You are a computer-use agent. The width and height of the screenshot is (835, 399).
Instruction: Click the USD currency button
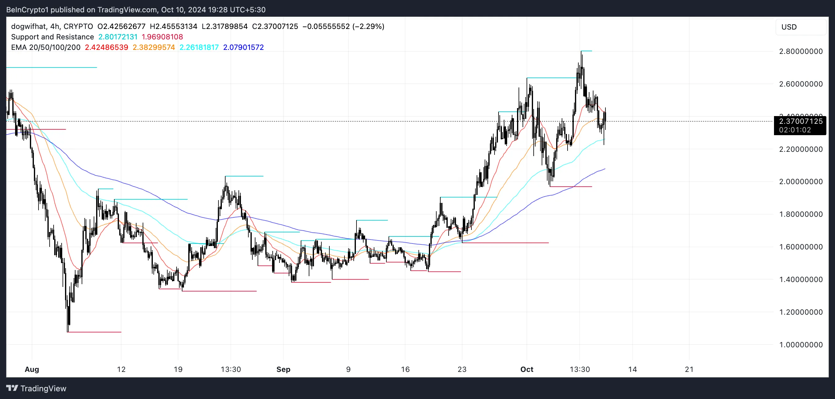[x=789, y=27]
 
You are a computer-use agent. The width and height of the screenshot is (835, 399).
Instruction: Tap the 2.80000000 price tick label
[x=800, y=51]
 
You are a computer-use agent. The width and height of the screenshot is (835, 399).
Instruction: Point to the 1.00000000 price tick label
[x=800, y=345]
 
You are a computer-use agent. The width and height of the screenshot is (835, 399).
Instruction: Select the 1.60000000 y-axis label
[x=800, y=247]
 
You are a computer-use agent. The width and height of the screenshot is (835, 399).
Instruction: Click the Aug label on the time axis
[x=32, y=369]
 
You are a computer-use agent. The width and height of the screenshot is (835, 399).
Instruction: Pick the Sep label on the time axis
[x=283, y=369]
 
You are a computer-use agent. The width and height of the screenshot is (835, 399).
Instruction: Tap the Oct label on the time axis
[x=527, y=369]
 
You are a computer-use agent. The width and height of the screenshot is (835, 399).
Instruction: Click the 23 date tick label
[x=462, y=369]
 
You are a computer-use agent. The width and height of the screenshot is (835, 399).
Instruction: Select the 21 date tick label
[x=689, y=369]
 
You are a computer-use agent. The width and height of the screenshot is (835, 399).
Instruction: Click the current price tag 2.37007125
[x=800, y=121]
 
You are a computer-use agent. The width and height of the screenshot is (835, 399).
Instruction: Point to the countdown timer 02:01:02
[x=795, y=130]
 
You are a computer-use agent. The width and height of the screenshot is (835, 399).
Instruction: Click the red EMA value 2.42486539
[x=106, y=47]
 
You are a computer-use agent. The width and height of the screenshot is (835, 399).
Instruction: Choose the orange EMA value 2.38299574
[x=154, y=47]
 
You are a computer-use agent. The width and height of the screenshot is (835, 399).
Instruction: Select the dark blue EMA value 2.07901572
[x=243, y=47]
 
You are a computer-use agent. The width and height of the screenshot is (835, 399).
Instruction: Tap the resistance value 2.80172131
[x=118, y=37]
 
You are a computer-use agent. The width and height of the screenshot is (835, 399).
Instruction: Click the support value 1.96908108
[x=162, y=37]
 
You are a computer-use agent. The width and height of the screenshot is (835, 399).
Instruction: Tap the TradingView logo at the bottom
[x=36, y=388]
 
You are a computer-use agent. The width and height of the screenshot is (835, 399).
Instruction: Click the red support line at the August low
[x=94, y=332]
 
